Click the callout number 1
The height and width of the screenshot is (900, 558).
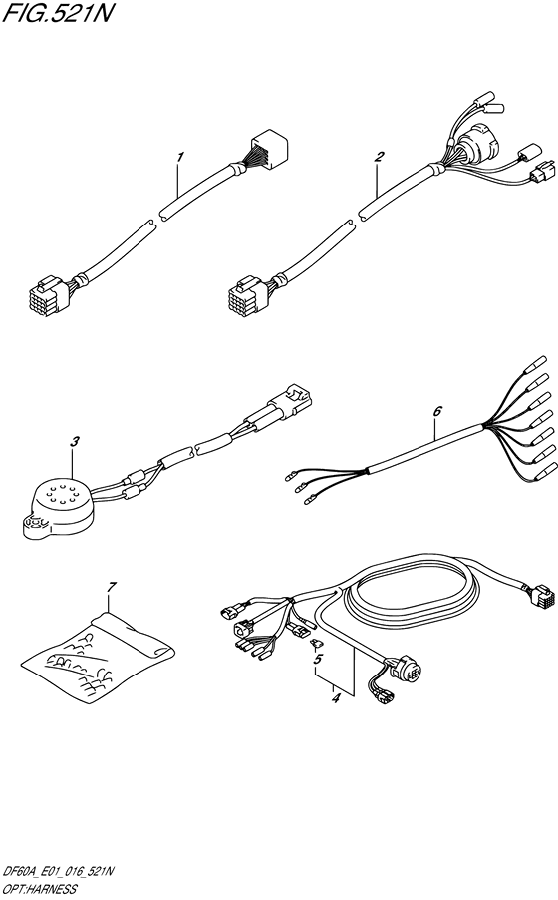coord(180,157)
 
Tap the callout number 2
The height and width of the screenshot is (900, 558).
coord(379,157)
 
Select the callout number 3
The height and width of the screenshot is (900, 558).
coord(75,441)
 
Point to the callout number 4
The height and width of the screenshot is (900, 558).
coord(337,698)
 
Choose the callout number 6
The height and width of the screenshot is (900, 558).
coord(437,411)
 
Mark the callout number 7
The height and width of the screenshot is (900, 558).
coord(112,587)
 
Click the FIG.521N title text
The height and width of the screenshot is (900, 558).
coord(55,12)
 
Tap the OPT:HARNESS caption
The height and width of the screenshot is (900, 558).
coord(39,889)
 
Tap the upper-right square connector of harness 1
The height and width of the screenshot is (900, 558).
coord(269,147)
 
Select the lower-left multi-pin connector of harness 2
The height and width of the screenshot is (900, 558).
coord(247,291)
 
